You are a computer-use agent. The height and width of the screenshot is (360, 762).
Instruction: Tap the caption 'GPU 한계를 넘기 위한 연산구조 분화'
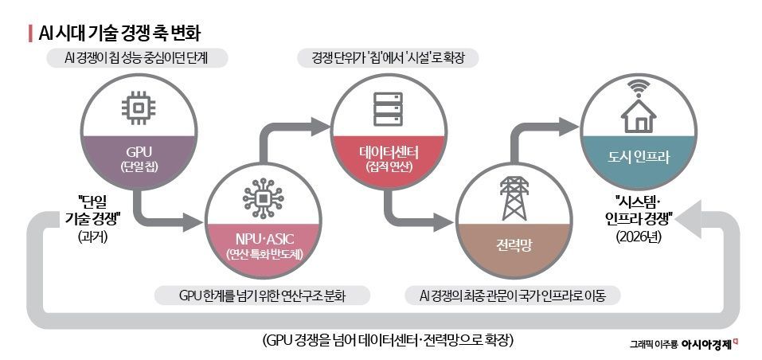click(264, 296)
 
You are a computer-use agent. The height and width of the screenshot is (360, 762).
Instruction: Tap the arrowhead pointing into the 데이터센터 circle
click(322, 124)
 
